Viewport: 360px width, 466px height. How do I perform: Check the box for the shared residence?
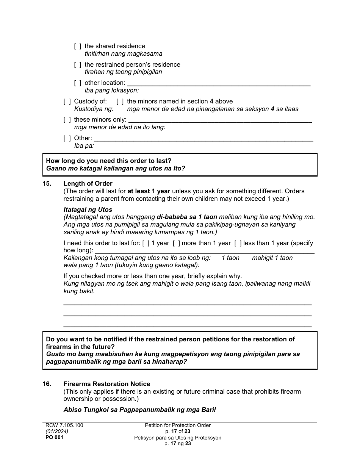pyautogui.click(x=77, y=46)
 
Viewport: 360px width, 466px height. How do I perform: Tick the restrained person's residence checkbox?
pyautogui.click(x=77, y=65)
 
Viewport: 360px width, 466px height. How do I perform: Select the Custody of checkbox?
pyautogui.click(x=67, y=102)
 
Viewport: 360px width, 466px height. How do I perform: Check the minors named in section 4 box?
pyautogui.click(x=120, y=102)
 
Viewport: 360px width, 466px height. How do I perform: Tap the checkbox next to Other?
pyautogui.click(x=67, y=138)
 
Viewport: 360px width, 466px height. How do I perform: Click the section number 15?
pyautogui.click(x=47, y=184)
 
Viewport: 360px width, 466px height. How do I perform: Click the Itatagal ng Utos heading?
pyautogui.click(x=88, y=210)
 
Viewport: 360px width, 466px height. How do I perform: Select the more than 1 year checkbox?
pyautogui.click(x=176, y=243)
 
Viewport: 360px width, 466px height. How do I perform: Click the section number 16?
pyautogui.click(x=47, y=384)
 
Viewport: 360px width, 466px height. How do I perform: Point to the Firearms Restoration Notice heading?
pyautogui.click(x=106, y=384)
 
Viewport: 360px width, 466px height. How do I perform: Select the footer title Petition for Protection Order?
pyautogui.click(x=178, y=425)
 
